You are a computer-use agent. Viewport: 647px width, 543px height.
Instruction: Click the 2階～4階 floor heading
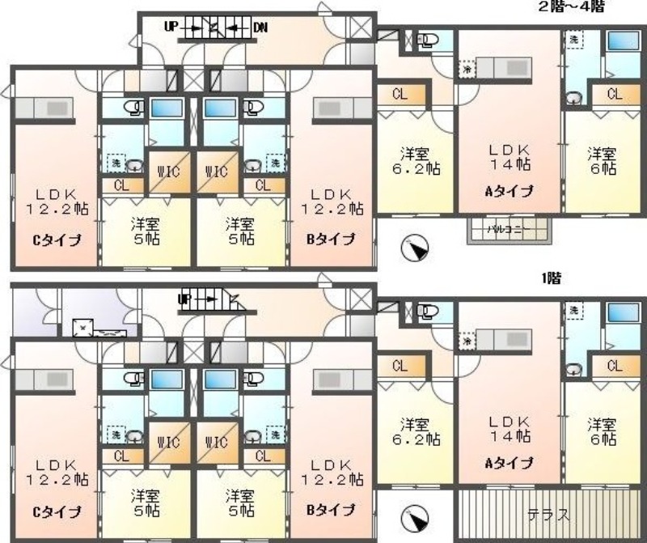[572, 6]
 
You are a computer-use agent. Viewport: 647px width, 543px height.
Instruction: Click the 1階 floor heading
[552, 278]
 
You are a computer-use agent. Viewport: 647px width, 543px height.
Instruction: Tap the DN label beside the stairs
[260, 27]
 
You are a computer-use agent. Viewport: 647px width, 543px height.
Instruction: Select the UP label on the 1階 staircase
[185, 299]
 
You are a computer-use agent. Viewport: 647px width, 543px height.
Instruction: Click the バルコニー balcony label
[508, 230]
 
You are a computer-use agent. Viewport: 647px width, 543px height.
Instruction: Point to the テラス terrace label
[548, 514]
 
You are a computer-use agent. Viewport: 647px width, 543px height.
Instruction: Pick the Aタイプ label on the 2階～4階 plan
[509, 191]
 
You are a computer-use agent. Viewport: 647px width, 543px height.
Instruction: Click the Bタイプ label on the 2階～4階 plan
[331, 239]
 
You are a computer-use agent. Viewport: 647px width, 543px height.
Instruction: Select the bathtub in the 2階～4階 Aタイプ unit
[622, 42]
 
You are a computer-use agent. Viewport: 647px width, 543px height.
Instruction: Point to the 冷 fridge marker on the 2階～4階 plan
[468, 70]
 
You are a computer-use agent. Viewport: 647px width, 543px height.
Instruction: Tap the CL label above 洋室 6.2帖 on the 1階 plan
[399, 366]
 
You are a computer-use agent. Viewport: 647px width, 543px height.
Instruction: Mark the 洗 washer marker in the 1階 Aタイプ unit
[573, 311]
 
